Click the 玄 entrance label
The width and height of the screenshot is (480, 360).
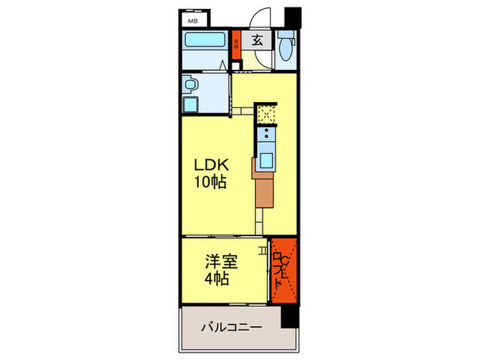click(256, 40)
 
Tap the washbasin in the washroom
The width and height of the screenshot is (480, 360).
click(191, 85)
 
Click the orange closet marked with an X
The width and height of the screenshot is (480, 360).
click(282, 270)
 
